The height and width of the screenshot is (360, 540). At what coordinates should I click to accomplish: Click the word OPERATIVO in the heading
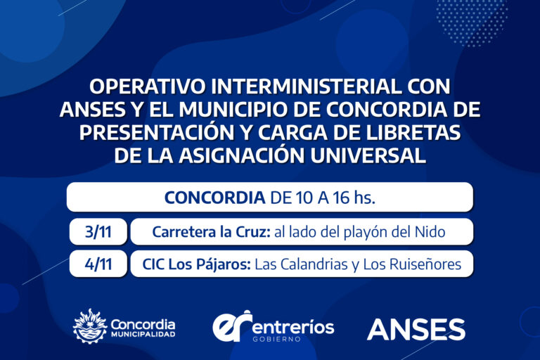coord(148,86)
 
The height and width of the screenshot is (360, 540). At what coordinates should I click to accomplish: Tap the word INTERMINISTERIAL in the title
coord(306,86)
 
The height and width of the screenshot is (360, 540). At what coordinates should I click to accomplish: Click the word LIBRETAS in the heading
coord(413,133)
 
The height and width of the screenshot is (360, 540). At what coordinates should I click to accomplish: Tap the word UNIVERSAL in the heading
coord(368,155)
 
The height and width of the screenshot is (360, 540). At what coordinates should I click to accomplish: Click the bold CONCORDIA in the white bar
coord(215,198)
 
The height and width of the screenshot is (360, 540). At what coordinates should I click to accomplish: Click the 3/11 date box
coord(98,231)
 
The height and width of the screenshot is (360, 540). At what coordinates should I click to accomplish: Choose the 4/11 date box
coord(98,264)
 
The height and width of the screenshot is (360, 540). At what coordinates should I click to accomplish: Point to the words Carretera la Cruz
coord(212,232)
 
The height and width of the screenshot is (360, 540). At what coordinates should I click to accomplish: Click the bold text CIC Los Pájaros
coord(197,264)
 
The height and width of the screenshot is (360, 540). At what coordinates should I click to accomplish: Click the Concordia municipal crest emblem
coord(90,326)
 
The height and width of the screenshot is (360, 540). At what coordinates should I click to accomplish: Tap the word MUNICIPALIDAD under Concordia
coord(143,335)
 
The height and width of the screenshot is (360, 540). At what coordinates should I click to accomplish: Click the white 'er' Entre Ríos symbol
coord(233,326)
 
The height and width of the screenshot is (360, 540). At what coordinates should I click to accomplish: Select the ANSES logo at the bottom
coord(416,329)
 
